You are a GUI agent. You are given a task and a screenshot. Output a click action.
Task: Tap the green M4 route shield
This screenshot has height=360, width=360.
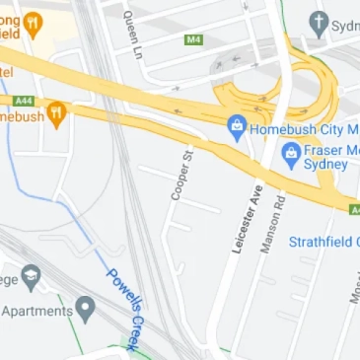click(x=193, y=39)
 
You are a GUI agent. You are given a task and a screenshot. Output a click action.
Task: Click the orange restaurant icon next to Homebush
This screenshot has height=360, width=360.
click(x=56, y=114)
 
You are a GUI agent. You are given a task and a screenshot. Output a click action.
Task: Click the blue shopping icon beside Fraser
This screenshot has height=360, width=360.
click(x=291, y=153)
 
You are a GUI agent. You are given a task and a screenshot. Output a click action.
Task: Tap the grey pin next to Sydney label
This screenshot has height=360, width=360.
click(x=319, y=23)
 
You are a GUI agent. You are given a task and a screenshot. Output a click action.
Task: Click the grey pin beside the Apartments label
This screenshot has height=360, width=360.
click(x=86, y=311)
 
